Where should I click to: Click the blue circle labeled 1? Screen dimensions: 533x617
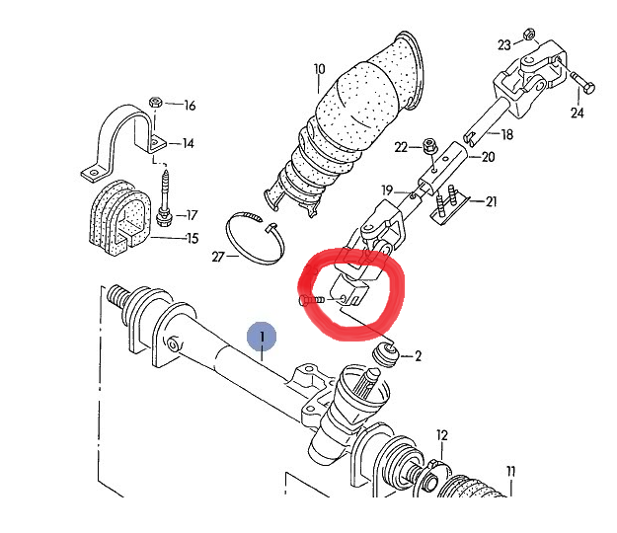click(262, 337)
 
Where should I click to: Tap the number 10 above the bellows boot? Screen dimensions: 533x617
click(319, 69)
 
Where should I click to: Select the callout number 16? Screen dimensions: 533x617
click(190, 106)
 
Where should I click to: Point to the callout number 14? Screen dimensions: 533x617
click(188, 143)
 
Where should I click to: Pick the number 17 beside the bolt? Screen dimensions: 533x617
click(191, 215)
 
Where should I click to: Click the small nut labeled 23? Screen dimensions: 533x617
click(529, 32)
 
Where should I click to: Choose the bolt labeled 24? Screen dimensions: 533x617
click(577, 84)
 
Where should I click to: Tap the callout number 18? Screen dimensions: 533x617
click(507, 134)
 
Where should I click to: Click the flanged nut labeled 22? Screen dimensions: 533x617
click(429, 148)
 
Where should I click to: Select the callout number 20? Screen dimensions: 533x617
click(488, 157)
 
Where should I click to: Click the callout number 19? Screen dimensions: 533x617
click(387, 190)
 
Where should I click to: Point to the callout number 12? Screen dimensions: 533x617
click(442, 435)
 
